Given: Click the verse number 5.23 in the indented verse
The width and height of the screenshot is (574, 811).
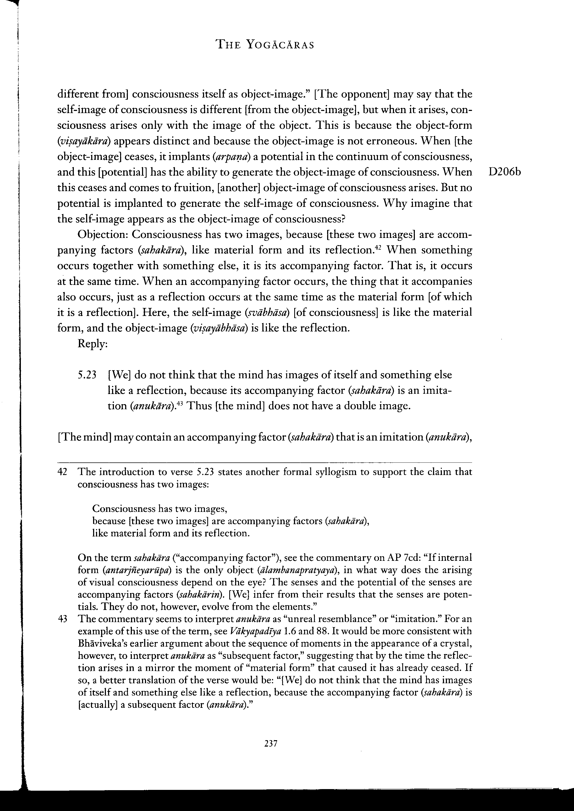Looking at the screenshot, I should pyautogui.click(x=87, y=375).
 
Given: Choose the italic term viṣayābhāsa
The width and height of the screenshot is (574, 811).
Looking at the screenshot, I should pyautogui.click(x=219, y=328).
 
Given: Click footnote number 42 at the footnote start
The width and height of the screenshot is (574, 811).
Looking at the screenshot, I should pyautogui.click(x=63, y=472).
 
